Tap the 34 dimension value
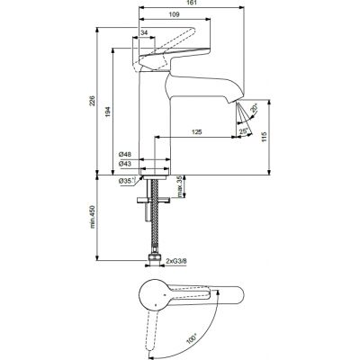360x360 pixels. coord(145,33)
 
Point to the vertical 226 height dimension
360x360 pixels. coord(93,103)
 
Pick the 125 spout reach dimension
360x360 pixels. coord(197,132)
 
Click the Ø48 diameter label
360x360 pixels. coord(125,154)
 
